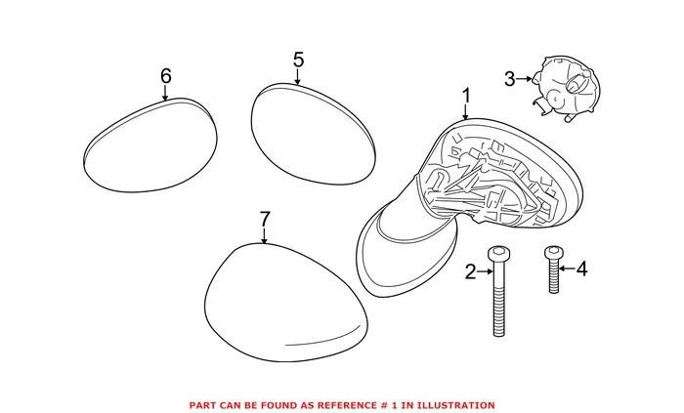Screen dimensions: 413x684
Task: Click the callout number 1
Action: (466, 96)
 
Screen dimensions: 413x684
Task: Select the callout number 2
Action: (470, 272)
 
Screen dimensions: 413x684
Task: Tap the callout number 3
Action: (509, 77)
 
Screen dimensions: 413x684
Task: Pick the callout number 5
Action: (298, 61)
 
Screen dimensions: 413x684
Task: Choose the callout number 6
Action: (165, 75)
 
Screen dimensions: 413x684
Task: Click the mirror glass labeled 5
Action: (313, 132)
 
